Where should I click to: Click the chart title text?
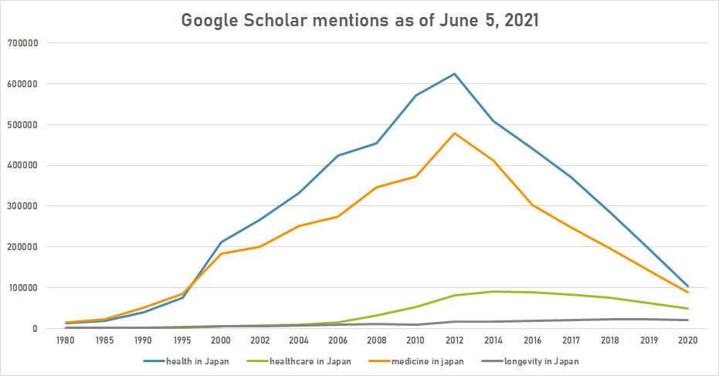tap(359, 21)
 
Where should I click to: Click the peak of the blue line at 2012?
tap(454, 74)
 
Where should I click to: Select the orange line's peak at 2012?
tap(454, 134)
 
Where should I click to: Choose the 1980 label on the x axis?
tap(67, 339)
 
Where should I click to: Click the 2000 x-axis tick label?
tap(222, 339)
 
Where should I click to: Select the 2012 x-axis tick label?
tap(454, 339)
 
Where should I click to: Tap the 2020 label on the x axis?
tap(687, 339)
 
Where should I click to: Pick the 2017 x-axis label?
tap(571, 339)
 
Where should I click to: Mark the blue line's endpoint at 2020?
tap(687, 286)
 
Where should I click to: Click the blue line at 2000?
tap(222, 242)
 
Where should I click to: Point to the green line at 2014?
tap(493, 292)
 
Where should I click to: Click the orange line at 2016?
tap(531, 205)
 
